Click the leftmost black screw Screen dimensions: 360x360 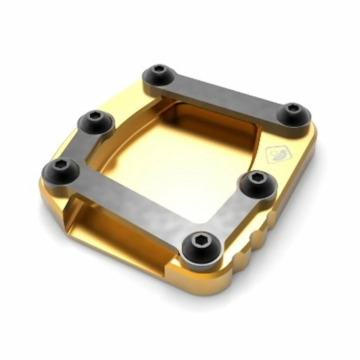click(x=60, y=171)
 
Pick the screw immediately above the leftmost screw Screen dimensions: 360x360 click(x=96, y=121)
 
